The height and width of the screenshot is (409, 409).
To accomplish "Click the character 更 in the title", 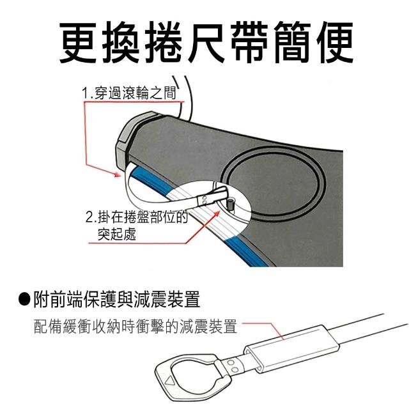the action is click(x=78, y=43).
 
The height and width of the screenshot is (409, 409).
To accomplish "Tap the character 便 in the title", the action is click(x=335, y=43).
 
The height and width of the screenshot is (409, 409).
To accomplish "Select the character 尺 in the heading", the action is click(x=206, y=43).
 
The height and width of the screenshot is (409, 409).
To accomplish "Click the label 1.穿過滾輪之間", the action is click(x=129, y=93).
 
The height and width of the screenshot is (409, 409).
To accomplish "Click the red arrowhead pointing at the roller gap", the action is click(x=117, y=174).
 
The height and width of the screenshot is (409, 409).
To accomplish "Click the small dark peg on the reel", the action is click(x=231, y=203).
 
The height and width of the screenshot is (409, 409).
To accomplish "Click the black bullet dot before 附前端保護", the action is click(x=24, y=300).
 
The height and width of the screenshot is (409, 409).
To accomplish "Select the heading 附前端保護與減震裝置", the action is click(x=117, y=300).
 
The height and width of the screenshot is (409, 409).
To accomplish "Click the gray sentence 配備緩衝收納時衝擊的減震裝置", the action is click(x=135, y=327).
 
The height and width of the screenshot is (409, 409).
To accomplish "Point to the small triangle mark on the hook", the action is click(x=169, y=382).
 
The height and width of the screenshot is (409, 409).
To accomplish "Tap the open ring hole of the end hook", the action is click(x=192, y=375).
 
